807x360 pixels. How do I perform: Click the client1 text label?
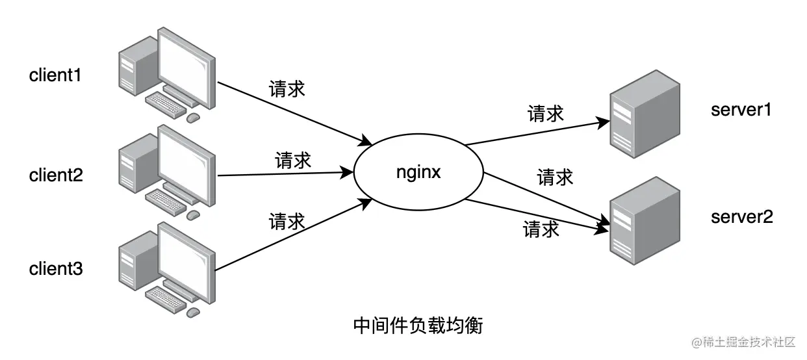point(55,75)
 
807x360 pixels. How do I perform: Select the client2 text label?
point(56,175)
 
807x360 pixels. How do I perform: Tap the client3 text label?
point(56,268)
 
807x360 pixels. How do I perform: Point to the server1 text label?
point(741,110)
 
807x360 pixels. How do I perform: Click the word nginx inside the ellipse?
point(419,174)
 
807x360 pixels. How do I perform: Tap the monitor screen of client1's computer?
point(186,64)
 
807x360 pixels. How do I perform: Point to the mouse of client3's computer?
point(193,313)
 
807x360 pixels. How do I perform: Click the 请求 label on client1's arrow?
point(287,89)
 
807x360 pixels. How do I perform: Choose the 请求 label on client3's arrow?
point(287,222)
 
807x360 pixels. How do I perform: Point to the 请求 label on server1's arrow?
point(545,114)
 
